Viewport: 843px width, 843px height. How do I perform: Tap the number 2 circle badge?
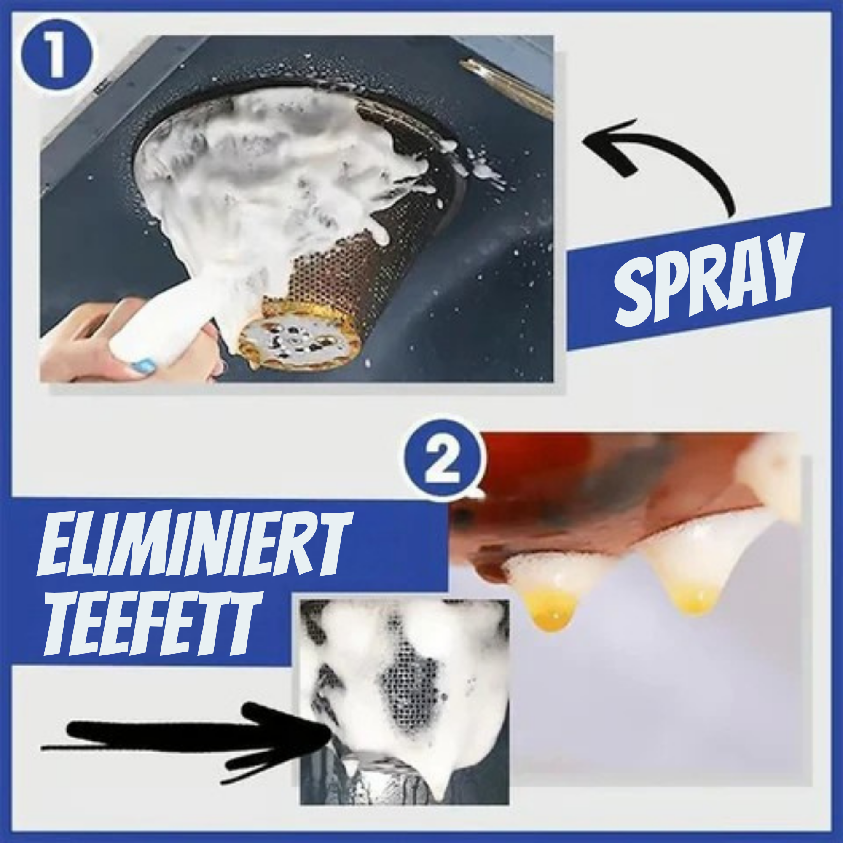445,460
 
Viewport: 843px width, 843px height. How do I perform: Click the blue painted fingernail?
144,364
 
